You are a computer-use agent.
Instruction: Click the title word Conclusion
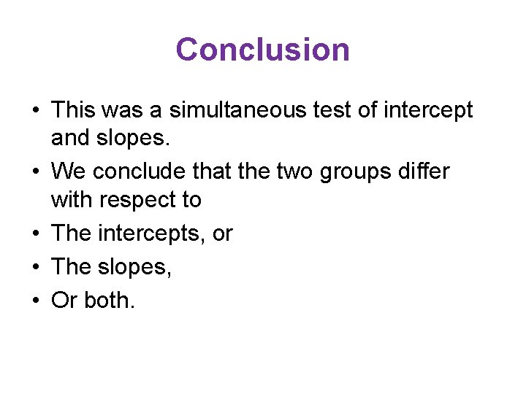(x=262, y=50)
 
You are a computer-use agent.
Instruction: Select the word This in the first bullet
(x=70, y=110)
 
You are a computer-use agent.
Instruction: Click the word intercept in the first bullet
(x=430, y=110)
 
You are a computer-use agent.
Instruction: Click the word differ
(x=423, y=171)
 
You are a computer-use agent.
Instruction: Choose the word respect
(x=145, y=199)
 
